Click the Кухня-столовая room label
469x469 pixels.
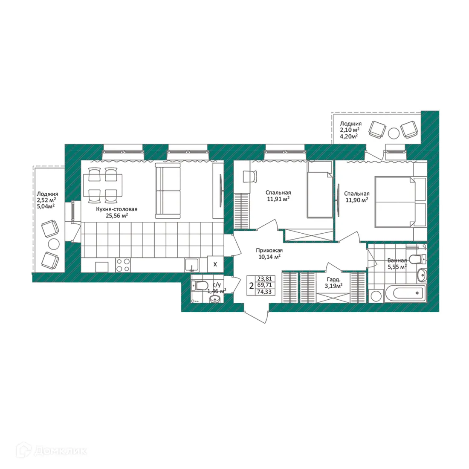tap(116, 209)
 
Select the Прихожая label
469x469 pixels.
tap(269, 250)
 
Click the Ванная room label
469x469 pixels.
tap(397, 260)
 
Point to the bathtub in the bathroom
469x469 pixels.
tap(408, 293)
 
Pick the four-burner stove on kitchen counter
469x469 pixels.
tap(123, 265)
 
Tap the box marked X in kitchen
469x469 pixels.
tap(215, 264)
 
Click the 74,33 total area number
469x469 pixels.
tap(265, 292)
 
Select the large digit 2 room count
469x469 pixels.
tap(251, 285)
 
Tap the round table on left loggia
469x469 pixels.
tap(53, 243)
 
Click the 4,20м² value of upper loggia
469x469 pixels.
tap(348, 136)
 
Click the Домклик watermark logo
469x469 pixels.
tap(52, 450)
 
